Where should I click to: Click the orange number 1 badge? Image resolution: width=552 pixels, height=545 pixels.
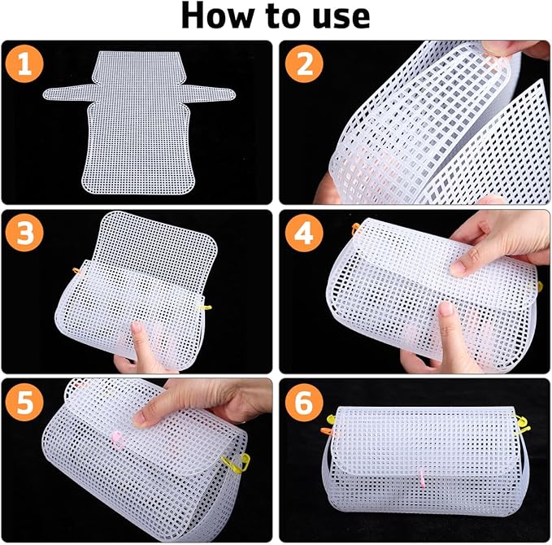(24, 63)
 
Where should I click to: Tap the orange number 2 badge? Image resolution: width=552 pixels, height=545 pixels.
(304, 63)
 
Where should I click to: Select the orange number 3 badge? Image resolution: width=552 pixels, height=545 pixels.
(24, 233)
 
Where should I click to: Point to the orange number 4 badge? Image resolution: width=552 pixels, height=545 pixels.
(304, 233)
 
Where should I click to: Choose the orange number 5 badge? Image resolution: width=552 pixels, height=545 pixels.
(24, 402)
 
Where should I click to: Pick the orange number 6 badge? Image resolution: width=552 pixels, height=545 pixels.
(304, 402)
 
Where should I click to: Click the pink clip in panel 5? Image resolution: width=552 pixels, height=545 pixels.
(118, 440)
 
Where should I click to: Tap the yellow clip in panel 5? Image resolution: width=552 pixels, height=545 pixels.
(236, 463)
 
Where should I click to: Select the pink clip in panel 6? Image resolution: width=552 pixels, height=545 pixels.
(422, 478)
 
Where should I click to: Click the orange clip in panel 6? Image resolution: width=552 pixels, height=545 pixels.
(327, 431)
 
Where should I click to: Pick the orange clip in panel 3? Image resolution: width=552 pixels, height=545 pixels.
(76, 271)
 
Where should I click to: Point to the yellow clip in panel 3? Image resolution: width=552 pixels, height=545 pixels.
(205, 307)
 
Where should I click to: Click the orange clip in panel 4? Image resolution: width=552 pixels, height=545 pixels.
(356, 229)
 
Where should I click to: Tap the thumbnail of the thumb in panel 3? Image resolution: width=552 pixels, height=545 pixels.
(136, 327)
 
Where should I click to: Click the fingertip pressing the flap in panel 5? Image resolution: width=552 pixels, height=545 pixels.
(139, 419)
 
